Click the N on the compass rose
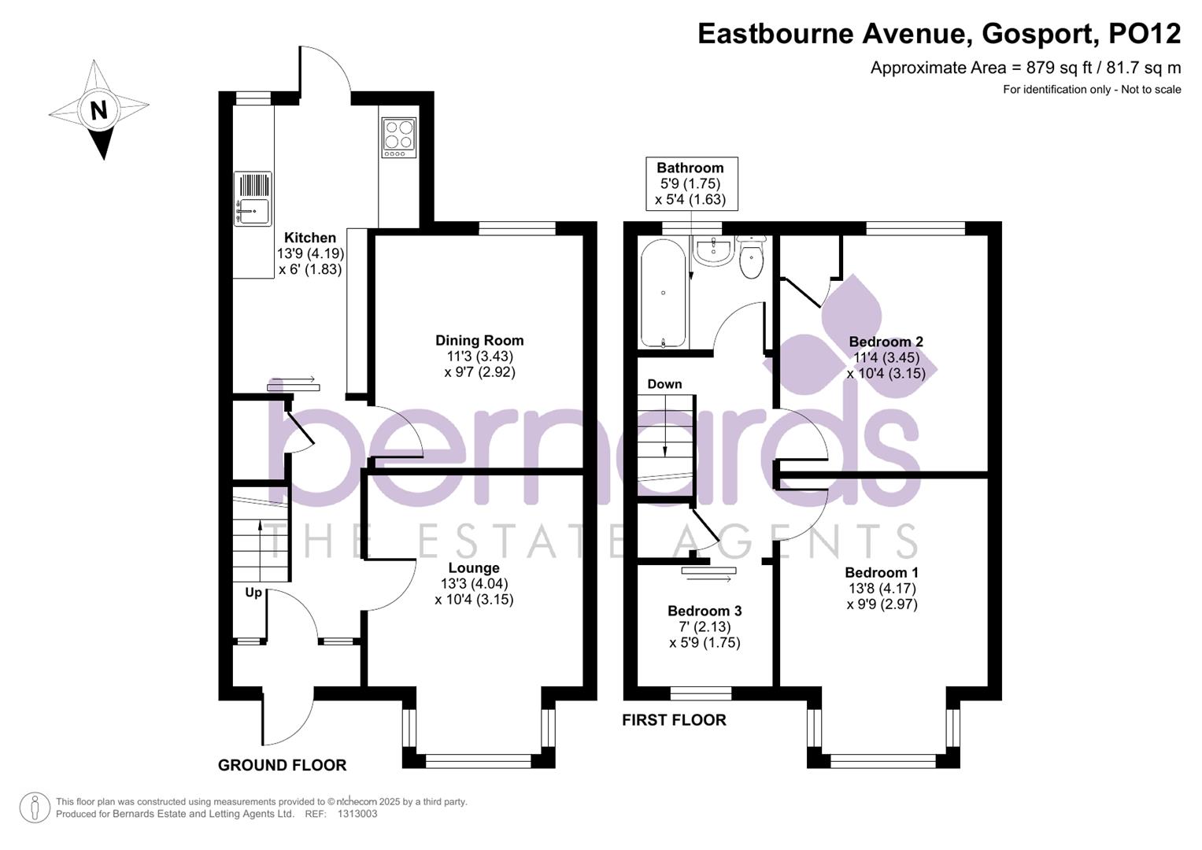click(98, 109)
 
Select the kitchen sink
click(252, 210)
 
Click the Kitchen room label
click(310, 238)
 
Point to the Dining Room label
click(479, 341)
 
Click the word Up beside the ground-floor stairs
click(253, 593)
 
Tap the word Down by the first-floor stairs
click(664, 384)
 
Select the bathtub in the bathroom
click(664, 294)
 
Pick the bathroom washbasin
click(714, 251)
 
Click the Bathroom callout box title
click(690, 168)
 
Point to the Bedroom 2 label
click(886, 342)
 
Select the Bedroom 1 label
click(882, 573)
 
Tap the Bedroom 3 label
click(705, 611)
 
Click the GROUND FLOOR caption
click(282, 765)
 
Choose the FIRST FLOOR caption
click(674, 720)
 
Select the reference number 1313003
click(357, 815)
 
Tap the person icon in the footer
click(35, 807)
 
